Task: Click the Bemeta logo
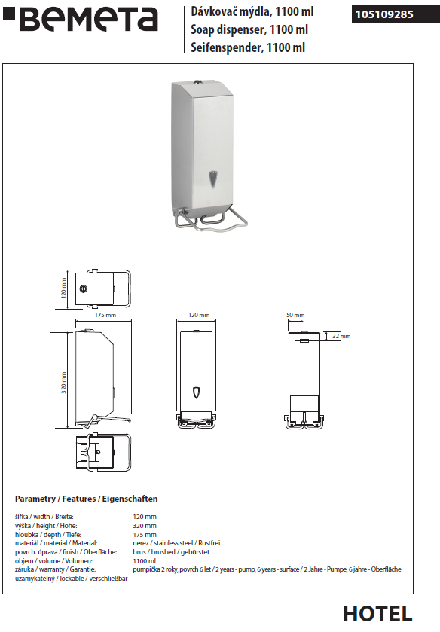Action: tap(81, 19)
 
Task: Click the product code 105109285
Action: tap(384, 14)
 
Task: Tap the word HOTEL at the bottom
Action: tap(377, 614)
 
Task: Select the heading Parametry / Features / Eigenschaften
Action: tap(87, 499)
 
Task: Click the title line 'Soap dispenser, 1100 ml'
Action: tap(249, 30)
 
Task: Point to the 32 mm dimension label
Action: tap(341, 336)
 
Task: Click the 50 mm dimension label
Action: tap(295, 315)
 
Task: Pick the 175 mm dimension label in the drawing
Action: tap(105, 315)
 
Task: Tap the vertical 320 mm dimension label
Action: tap(64, 383)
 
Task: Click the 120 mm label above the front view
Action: tap(199, 315)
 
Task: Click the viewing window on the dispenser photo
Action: tap(212, 179)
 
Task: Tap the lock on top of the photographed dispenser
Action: tap(196, 84)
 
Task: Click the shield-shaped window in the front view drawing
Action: tap(197, 392)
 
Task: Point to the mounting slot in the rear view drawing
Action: tap(304, 341)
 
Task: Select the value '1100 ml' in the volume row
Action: tap(144, 560)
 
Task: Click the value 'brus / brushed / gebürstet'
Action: tap(171, 552)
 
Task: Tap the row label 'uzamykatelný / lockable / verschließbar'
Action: tap(72, 579)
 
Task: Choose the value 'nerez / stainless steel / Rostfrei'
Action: tap(176, 543)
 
